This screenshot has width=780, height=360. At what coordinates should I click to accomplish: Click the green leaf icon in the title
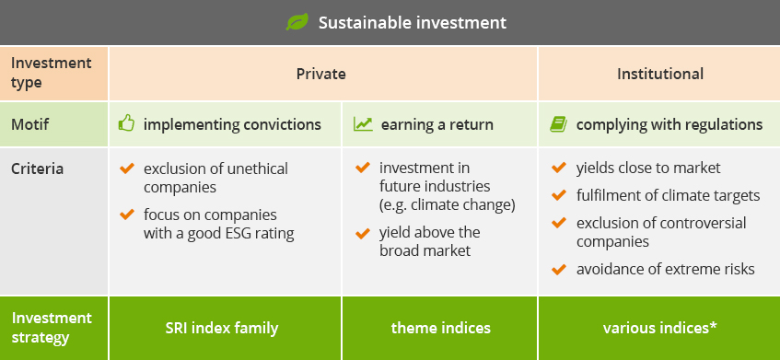(297, 22)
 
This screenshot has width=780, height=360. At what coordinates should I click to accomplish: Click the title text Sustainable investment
(413, 22)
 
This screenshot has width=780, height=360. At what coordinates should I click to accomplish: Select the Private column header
(320, 74)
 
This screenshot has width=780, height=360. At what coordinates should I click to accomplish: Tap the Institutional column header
(660, 74)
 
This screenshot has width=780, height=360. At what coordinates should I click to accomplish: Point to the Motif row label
(29, 124)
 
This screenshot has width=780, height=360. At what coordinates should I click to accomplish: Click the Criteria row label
(38, 168)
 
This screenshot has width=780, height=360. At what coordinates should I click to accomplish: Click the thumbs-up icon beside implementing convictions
(126, 123)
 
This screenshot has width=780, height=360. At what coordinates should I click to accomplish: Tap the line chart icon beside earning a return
(363, 123)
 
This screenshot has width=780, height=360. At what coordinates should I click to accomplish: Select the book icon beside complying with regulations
(558, 123)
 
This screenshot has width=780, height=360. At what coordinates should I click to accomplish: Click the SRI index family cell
(221, 328)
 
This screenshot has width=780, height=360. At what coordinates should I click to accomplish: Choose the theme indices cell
(441, 328)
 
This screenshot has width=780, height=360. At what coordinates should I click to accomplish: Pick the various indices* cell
(660, 328)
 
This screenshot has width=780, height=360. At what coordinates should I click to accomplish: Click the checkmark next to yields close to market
(559, 168)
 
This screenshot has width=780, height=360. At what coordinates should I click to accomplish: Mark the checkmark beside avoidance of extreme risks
(559, 270)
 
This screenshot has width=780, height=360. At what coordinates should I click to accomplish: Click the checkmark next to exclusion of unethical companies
(127, 168)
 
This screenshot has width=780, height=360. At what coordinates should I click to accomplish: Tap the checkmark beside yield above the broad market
(363, 232)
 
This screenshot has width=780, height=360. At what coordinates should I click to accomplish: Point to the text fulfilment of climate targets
(668, 196)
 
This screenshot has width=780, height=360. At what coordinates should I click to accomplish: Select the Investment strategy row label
(52, 328)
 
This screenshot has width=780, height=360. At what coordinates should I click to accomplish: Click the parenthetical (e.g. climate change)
(448, 205)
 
